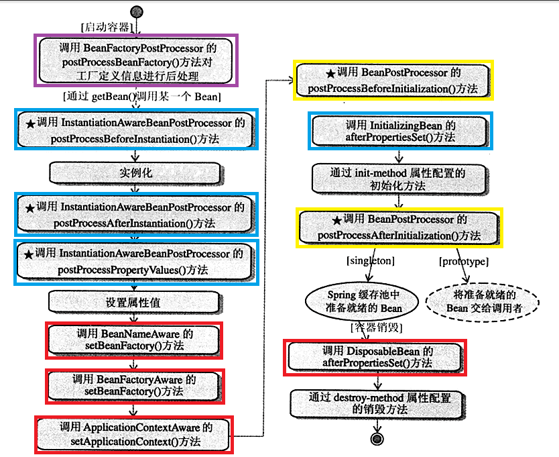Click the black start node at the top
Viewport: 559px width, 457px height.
(x=137, y=11)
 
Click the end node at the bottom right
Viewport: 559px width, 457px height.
(x=377, y=438)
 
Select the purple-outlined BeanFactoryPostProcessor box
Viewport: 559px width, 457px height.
(x=136, y=60)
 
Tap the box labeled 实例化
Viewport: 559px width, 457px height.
(x=136, y=174)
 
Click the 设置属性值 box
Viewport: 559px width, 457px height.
(x=135, y=303)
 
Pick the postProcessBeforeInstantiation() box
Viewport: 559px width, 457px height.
(x=136, y=130)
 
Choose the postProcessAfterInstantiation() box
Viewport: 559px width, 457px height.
(x=136, y=214)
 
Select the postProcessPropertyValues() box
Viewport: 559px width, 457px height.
(x=136, y=262)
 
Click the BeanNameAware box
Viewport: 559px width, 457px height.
(x=134, y=340)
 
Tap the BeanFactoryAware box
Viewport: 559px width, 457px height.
(x=135, y=387)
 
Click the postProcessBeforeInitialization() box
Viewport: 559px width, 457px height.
(x=393, y=81)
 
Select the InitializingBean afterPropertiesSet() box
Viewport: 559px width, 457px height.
(x=400, y=131)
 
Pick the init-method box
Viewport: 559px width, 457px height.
(x=399, y=179)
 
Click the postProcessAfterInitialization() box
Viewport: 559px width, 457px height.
(x=399, y=227)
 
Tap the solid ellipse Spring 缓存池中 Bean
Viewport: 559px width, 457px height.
(x=362, y=301)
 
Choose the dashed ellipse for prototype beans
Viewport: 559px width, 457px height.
(x=483, y=302)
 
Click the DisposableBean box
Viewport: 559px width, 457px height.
(x=375, y=358)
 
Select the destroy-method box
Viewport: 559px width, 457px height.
(x=378, y=404)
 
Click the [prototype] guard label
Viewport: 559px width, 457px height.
(x=463, y=262)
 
